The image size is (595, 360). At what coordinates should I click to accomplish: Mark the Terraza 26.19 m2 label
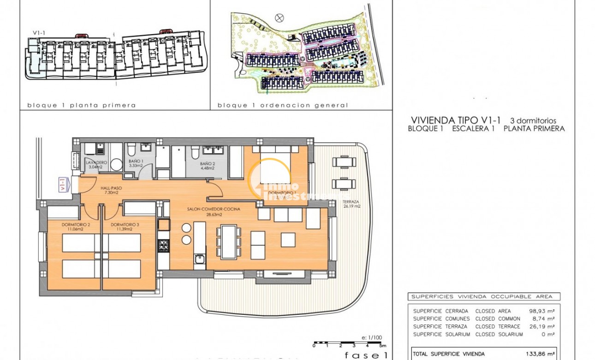pyautogui.click(x=351, y=204)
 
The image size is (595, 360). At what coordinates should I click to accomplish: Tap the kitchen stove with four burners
pyautogui.click(x=164, y=246)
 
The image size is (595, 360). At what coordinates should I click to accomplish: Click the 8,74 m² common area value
pyautogui.click(x=543, y=318)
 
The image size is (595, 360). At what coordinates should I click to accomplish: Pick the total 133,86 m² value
pyautogui.click(x=540, y=354)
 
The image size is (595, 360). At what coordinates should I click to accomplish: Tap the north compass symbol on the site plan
pyautogui.click(x=279, y=18)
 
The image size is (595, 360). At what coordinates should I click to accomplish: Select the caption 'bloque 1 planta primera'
pyautogui.click(x=82, y=105)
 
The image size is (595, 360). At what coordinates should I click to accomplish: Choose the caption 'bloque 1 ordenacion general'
pyautogui.click(x=283, y=105)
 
